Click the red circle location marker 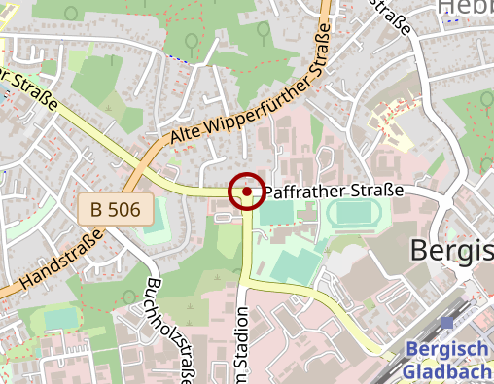point(247,192)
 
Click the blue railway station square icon point(446,322)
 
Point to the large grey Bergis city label point(451,251)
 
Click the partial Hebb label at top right point(465,8)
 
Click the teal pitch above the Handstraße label point(60,318)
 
